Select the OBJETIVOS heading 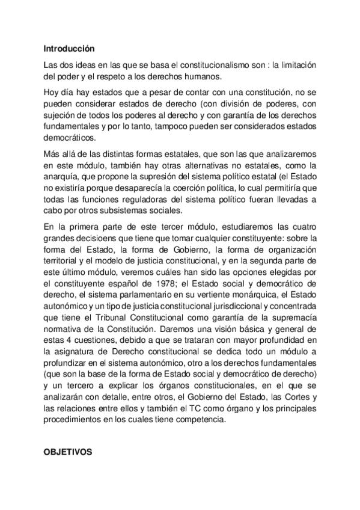(68, 454)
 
